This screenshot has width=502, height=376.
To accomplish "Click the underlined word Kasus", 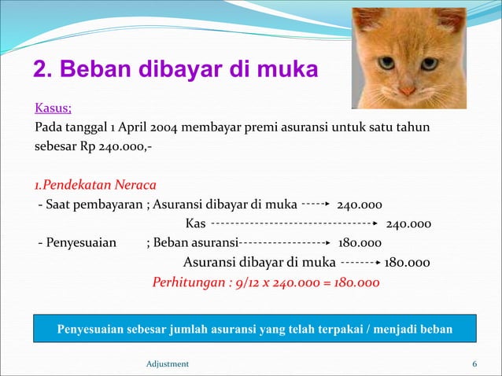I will coord(53,108).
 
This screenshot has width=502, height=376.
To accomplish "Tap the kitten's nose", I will coord(407,90).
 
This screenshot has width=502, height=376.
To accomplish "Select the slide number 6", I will coord(474,363).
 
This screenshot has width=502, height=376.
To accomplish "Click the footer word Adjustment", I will coord(168,363).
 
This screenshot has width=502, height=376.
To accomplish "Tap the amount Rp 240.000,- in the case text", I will coord(115,146).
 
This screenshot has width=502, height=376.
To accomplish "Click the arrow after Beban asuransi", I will coord(284,243).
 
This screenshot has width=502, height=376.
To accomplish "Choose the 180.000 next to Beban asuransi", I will coord(360,243).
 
